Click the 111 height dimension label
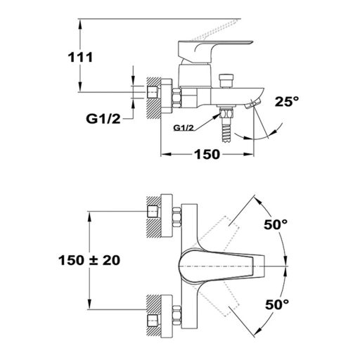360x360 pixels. [80, 58]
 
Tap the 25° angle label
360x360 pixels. [287, 101]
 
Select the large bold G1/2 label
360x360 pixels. [103, 119]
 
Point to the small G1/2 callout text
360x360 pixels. [184, 128]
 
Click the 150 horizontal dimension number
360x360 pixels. [207, 155]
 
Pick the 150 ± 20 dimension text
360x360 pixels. [89, 260]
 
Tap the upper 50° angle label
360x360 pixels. [276, 224]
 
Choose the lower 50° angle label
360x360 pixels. [277, 304]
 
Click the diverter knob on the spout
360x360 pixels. [226, 81]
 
